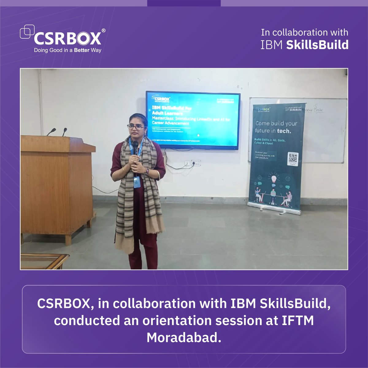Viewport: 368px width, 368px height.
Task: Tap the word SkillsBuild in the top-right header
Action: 317,45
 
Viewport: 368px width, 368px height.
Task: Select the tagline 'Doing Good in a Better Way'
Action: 67,50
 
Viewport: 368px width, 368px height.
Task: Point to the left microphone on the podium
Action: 52,132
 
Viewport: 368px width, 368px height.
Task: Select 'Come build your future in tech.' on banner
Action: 276,127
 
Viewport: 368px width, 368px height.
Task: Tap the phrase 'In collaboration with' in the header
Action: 305,33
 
